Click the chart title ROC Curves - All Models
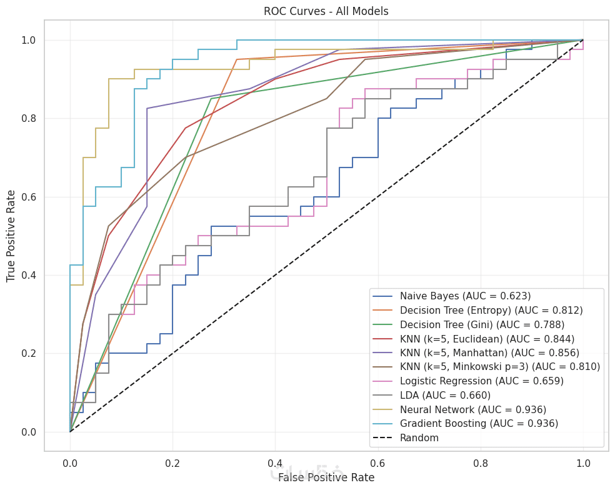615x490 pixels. point(326,11)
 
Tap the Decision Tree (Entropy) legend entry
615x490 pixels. point(491,310)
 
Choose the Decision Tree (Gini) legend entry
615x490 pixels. point(482,324)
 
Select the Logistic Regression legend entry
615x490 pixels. point(482,381)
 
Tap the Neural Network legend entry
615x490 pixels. point(473,409)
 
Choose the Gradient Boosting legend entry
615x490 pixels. point(479,424)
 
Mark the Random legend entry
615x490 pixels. point(419,438)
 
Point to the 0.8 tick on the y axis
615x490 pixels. point(29,119)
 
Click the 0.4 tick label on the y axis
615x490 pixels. point(29,276)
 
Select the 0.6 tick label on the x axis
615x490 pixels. point(378,463)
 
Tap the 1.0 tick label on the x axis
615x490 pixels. point(583,463)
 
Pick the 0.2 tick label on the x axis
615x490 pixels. point(172,463)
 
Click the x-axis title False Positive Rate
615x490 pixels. point(326,477)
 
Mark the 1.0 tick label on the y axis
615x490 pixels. point(29,41)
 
